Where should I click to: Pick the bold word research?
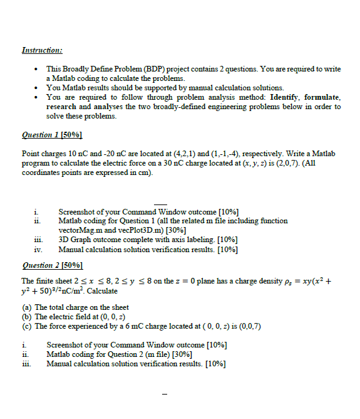pyautogui.click(x=61, y=107)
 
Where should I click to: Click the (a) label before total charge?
pyautogui.click(x=26, y=307)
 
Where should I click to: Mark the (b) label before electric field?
pyautogui.click(x=26, y=317)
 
